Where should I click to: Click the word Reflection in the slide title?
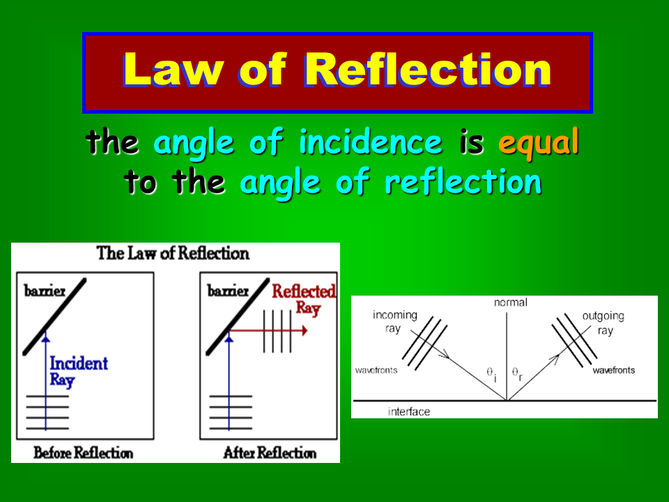pos(428,69)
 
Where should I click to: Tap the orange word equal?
pos(539,142)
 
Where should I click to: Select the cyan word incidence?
pos(370,142)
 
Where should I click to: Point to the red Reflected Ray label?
pos(304,300)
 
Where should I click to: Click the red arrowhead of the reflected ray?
pos(305,330)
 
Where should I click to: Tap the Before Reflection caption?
pos(83,452)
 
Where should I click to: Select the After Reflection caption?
pos(270,452)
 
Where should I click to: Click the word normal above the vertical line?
pos(510,302)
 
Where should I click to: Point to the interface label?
pos(409,411)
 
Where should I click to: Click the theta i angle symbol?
pos(492,374)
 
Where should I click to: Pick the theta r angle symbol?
pos(517,374)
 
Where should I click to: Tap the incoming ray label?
pos(394,321)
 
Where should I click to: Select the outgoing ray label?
pos(603,323)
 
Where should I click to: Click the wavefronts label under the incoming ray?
pos(376,370)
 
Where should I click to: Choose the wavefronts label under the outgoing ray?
pos(613,370)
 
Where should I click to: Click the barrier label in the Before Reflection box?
pos(45,291)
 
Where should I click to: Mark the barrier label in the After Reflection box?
pos(228,291)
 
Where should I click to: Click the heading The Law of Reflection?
pos(173,253)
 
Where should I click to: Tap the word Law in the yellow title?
pos(174,69)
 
